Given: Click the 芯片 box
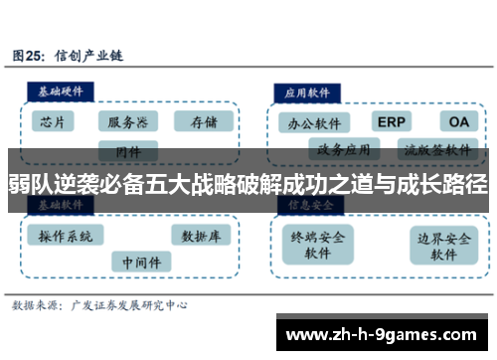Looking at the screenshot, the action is click(x=54, y=122).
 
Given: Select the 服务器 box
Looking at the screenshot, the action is click(x=127, y=122).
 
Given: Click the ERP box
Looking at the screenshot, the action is click(x=392, y=121).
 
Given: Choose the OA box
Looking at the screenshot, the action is click(x=458, y=121).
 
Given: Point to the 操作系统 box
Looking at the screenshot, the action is click(x=66, y=237).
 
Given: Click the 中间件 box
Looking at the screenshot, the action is click(x=132, y=262).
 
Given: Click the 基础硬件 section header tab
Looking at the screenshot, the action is click(x=61, y=89).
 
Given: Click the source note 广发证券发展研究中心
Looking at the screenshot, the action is click(x=126, y=305).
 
